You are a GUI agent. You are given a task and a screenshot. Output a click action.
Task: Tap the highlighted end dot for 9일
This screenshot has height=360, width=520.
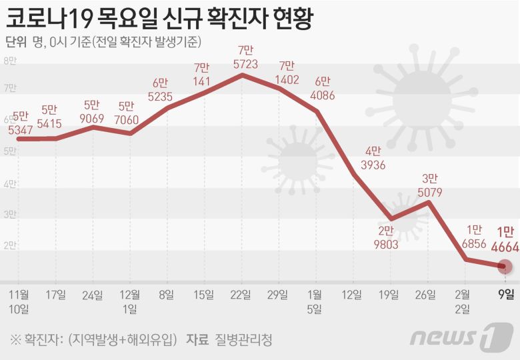pyautogui.click(x=505, y=267)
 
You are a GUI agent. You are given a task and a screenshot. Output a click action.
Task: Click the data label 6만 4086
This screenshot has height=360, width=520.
pyautogui.click(x=322, y=88)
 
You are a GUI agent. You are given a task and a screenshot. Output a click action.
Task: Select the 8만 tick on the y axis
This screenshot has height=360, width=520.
pyautogui.click(x=10, y=61)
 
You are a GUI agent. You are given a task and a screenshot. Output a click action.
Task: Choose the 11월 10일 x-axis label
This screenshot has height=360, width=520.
pyautogui.click(x=19, y=301)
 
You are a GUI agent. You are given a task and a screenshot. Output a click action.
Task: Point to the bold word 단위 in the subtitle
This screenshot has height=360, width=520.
pyautogui.click(x=15, y=41)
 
